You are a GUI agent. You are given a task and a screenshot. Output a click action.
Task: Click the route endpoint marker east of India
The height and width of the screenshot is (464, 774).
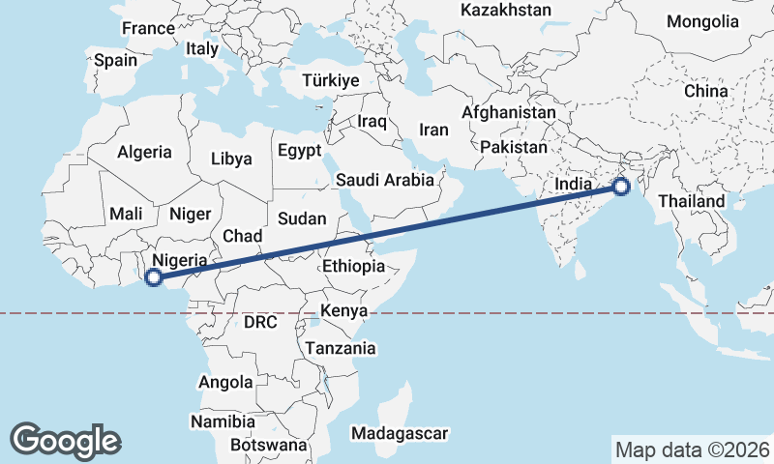pyautogui.click(x=620, y=188)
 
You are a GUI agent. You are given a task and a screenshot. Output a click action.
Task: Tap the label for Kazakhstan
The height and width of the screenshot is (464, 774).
pyautogui.click(x=506, y=11)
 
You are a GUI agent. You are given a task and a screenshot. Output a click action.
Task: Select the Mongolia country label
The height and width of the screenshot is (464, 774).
pyautogui.click(x=702, y=21)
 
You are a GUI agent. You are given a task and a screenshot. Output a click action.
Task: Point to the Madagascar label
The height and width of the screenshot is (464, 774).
pyautogui.click(x=400, y=433)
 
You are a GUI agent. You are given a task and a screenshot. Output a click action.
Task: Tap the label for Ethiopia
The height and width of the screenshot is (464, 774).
pyautogui.click(x=354, y=266)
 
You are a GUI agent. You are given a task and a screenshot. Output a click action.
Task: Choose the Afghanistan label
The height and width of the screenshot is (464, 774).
pyautogui.click(x=509, y=112)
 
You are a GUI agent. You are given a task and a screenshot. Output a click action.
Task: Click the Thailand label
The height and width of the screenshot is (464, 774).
pyautogui.click(x=692, y=201)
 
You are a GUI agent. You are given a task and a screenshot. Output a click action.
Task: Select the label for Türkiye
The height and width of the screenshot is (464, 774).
pyautogui.click(x=330, y=80)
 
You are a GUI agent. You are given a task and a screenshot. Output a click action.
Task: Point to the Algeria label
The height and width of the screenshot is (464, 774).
pyautogui.click(x=144, y=152)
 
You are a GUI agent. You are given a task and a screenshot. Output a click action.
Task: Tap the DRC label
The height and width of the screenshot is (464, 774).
pyautogui.click(x=260, y=322)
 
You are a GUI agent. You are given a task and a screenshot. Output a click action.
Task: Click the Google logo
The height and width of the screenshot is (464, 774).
pyautogui.click(x=65, y=441)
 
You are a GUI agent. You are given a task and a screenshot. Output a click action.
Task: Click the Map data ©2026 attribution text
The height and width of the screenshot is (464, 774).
pyautogui.click(x=693, y=449)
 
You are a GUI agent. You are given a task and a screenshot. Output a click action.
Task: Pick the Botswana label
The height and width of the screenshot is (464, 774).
pyautogui.click(x=269, y=446)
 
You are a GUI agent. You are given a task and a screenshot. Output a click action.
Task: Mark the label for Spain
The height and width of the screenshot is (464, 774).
pyautogui.click(x=115, y=60)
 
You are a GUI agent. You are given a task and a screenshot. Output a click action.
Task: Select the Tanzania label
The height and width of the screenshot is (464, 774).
pyautogui.click(x=341, y=347)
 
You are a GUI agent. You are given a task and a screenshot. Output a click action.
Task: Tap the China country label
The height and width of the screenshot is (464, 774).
pyautogui.click(x=705, y=91)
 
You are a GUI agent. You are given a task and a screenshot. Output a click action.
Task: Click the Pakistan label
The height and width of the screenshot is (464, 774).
pyautogui.click(x=513, y=147)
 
